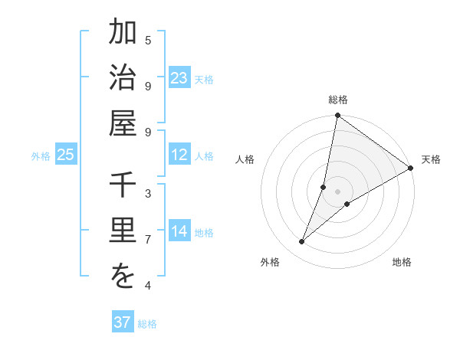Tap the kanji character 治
pos(123,77)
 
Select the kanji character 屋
pos(123,123)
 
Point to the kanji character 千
pos(123,187)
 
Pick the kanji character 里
pos(123,231)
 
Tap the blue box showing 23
pos(179,78)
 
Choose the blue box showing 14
pos(179,231)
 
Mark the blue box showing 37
pos(122,322)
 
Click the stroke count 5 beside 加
pos(148,40)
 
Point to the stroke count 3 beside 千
pos(148,194)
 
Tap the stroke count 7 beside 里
pos(148,240)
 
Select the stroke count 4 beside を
pos(148,286)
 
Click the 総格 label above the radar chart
pos(338,100)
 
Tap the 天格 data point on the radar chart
pos(410,168)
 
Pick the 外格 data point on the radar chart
pos(302,242)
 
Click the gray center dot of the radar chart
pos(338,191)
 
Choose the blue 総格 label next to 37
pos(147,324)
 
